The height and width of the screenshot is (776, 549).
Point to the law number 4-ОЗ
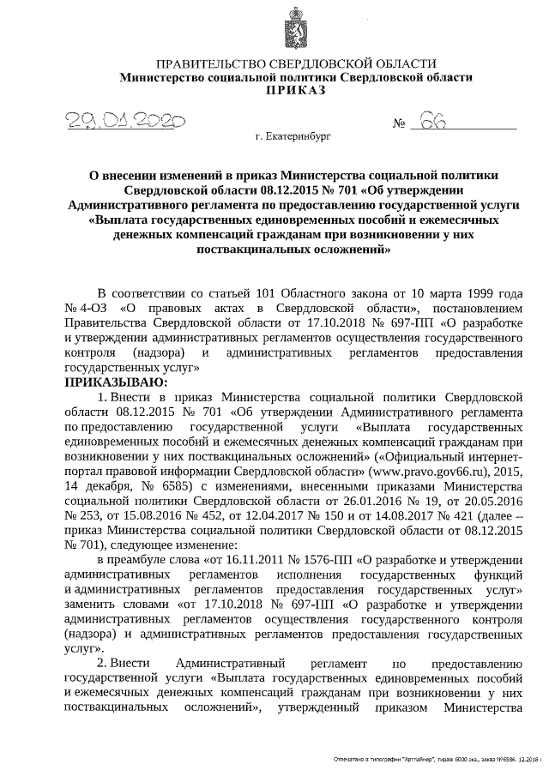click(92, 308)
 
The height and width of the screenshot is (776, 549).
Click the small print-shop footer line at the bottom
click(439, 761)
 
